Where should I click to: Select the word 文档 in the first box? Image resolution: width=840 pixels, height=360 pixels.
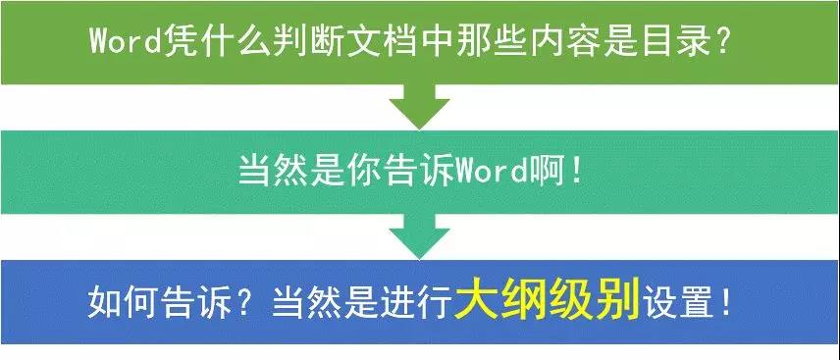pyautogui.click(x=400, y=41)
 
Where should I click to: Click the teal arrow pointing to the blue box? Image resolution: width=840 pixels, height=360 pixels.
pyautogui.click(x=420, y=236)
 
